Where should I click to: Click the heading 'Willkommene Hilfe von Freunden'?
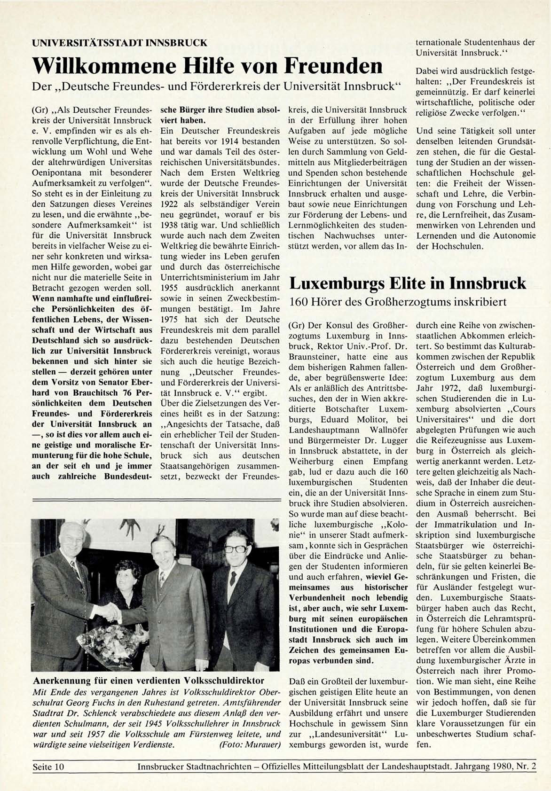tap(207, 66)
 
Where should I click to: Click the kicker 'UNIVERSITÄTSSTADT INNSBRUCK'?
tap(119, 43)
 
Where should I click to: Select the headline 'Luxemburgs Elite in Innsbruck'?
tap(407, 283)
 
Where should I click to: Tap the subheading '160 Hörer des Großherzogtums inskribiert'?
tap(398, 302)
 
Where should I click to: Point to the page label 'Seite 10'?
tap(48, 767)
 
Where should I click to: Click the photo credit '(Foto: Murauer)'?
tap(250, 744)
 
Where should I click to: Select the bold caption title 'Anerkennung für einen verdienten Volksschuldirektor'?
tap(149, 681)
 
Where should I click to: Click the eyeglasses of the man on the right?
tap(234, 549)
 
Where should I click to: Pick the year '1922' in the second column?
tap(169, 204)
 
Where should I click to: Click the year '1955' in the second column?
tap(169, 288)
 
